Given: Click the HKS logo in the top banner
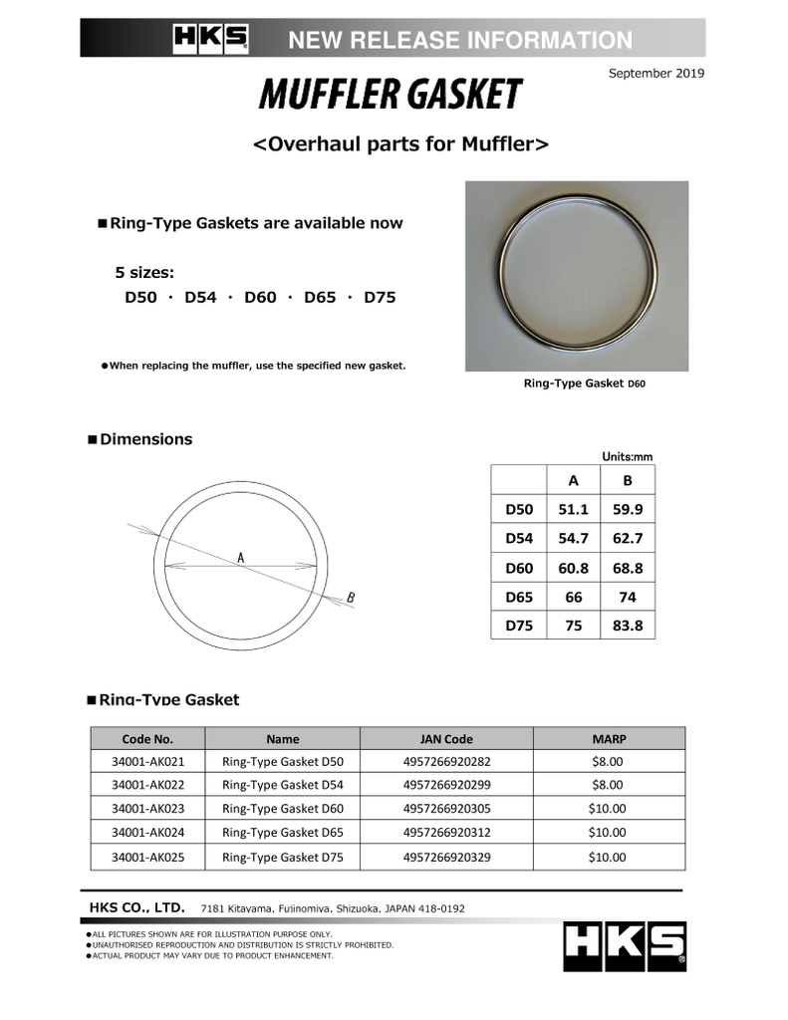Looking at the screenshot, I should (211, 39).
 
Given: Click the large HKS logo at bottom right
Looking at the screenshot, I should (625, 945).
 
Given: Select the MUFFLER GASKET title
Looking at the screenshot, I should (391, 95).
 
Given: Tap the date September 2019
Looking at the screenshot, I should (656, 73).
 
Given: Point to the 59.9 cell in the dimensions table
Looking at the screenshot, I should (627, 509).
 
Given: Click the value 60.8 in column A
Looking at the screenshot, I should (573, 568).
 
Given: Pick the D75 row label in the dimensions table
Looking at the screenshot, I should (519, 626).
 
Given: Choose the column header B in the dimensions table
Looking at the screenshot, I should (627, 480).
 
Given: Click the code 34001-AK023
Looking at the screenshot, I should (147, 809).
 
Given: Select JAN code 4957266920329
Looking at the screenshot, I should (446, 857).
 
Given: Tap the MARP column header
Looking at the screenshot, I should (608, 739).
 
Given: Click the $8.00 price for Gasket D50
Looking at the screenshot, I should (608, 761).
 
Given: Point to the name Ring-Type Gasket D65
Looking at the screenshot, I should (282, 833).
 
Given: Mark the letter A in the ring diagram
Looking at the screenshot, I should (241, 558).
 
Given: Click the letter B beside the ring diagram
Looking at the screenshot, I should (351, 598).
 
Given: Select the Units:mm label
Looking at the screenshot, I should (627, 456).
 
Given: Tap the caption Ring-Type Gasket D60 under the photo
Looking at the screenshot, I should (585, 383).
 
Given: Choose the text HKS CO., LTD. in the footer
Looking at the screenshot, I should (136, 907).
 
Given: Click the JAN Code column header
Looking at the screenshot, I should (446, 739).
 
